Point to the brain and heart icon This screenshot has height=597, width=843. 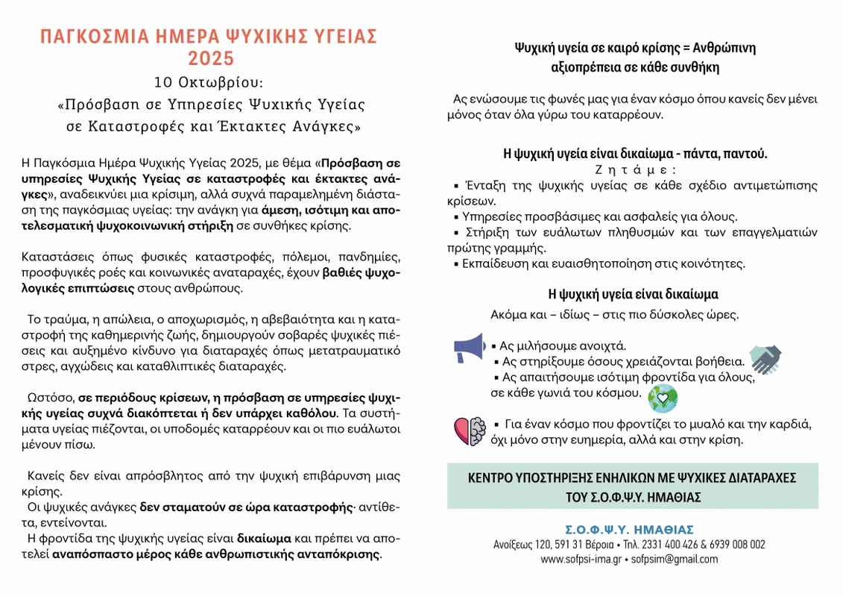click(469, 431)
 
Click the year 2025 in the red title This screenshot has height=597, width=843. click(211, 58)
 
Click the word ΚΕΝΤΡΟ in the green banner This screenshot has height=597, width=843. click(493, 478)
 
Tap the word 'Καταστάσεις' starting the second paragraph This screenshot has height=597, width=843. click(54, 257)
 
